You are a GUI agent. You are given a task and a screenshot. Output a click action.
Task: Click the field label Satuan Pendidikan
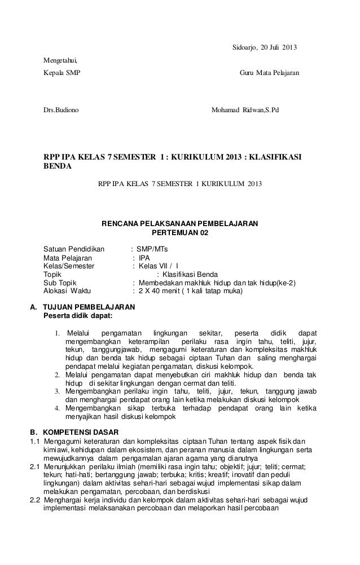(74, 249)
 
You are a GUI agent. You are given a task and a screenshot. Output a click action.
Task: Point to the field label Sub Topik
(62, 283)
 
